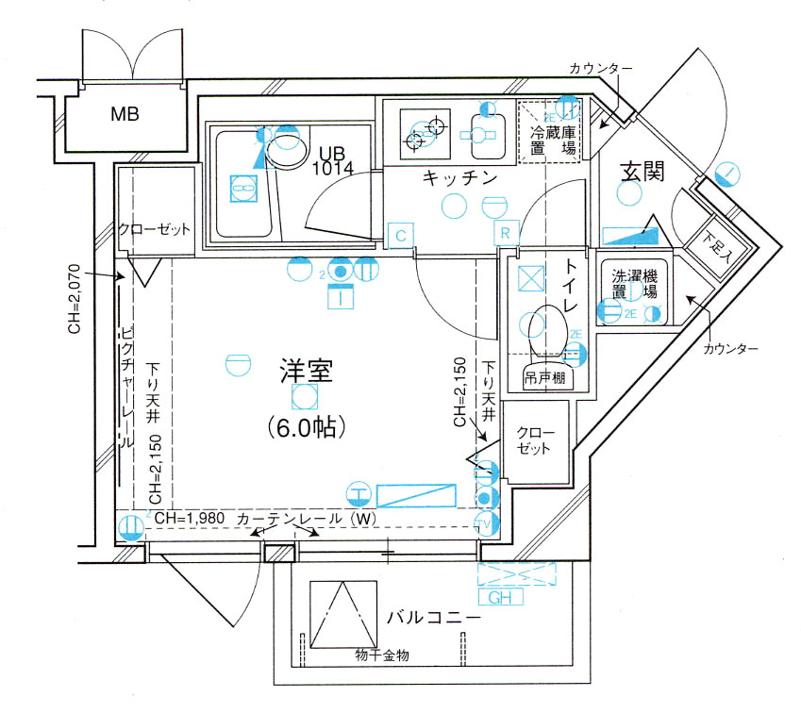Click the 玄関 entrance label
click(x=642, y=172)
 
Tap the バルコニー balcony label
click(x=434, y=619)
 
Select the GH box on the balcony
click(x=499, y=597)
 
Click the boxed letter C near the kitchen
click(x=400, y=233)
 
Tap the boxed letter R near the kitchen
click(x=506, y=233)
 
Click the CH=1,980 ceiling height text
click(x=192, y=518)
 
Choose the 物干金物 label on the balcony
click(x=382, y=655)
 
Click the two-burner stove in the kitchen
click(x=424, y=133)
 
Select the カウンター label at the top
click(x=600, y=69)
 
